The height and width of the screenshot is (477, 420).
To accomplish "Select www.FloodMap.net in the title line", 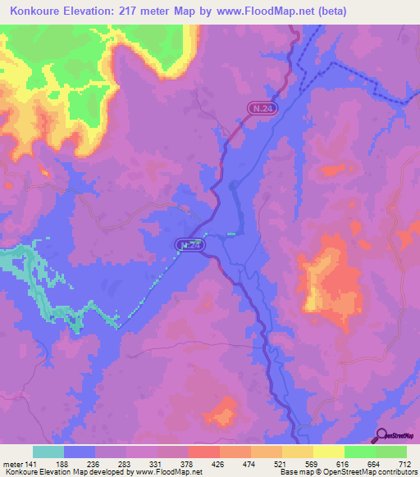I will pos(256,11).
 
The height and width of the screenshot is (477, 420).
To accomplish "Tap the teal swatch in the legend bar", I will pos(48,452).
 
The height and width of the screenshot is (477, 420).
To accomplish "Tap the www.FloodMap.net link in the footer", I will pos(168,472).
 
